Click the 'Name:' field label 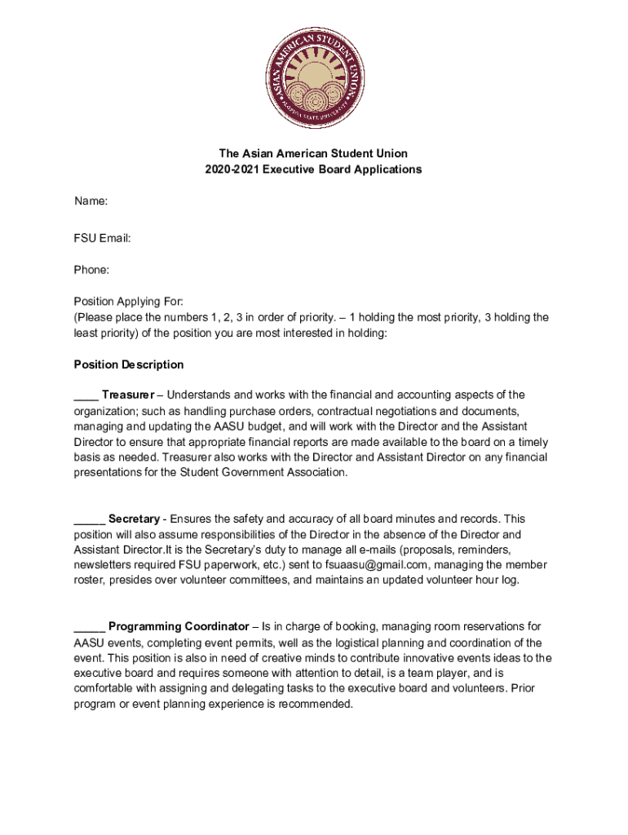[91, 201]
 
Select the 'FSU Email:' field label [103, 237]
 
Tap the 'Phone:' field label [92, 269]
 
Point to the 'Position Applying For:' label [129, 301]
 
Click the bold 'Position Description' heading [129, 364]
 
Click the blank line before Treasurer [86, 396]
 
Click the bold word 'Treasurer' [128, 395]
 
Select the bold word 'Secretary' [134, 519]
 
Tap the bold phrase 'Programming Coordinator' [179, 626]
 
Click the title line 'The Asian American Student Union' [313, 153]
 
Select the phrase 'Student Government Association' [265, 472]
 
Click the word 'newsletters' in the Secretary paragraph [103, 564]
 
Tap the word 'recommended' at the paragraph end [316, 704]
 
